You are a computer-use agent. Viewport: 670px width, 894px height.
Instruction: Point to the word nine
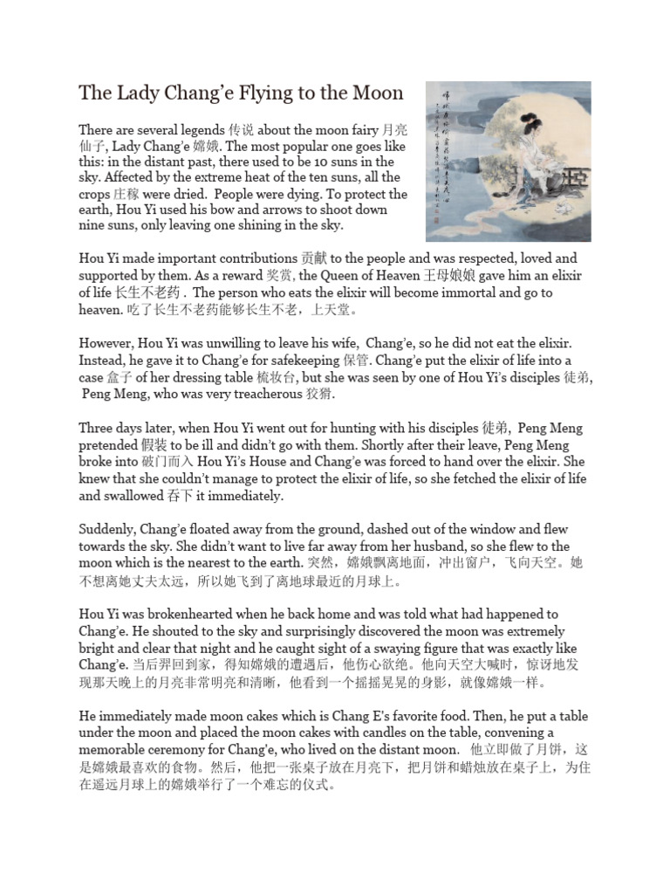[92, 226]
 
